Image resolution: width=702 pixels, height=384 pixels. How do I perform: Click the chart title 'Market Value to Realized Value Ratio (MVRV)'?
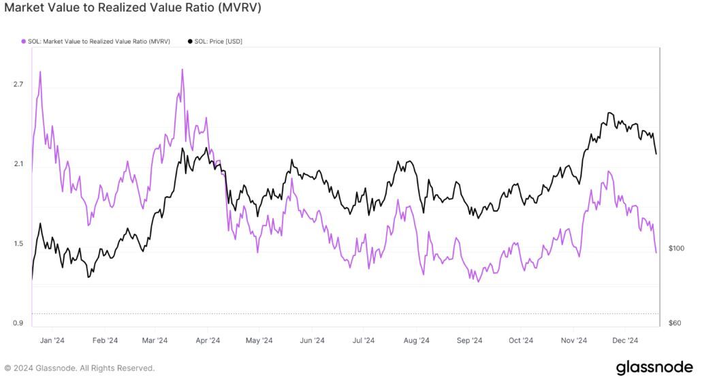coord(133,8)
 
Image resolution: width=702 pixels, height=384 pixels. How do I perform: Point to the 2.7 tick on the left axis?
coord(18,84)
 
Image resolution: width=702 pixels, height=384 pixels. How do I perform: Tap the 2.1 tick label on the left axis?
coord(18,164)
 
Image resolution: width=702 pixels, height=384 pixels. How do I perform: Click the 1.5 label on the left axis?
coord(18,244)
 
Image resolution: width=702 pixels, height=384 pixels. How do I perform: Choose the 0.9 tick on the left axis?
coord(18,323)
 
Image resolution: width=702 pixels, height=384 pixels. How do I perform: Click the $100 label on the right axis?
coord(675,248)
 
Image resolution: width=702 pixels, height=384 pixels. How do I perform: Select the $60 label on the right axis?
coord(674,323)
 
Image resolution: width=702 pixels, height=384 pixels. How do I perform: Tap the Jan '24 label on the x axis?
coord(52,340)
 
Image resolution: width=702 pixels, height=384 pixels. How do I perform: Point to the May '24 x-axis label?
coord(259,340)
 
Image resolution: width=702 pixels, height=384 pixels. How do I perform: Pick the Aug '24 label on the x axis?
coord(416,340)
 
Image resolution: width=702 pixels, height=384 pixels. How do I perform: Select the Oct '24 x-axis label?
coord(521,340)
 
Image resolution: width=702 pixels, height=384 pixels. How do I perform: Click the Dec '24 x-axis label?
coord(625,340)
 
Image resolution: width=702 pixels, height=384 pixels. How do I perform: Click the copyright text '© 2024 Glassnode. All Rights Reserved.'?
coord(80,368)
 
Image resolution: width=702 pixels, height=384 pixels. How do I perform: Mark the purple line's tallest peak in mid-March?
coord(182,69)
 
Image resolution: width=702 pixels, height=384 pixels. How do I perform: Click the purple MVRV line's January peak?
coord(41,71)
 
